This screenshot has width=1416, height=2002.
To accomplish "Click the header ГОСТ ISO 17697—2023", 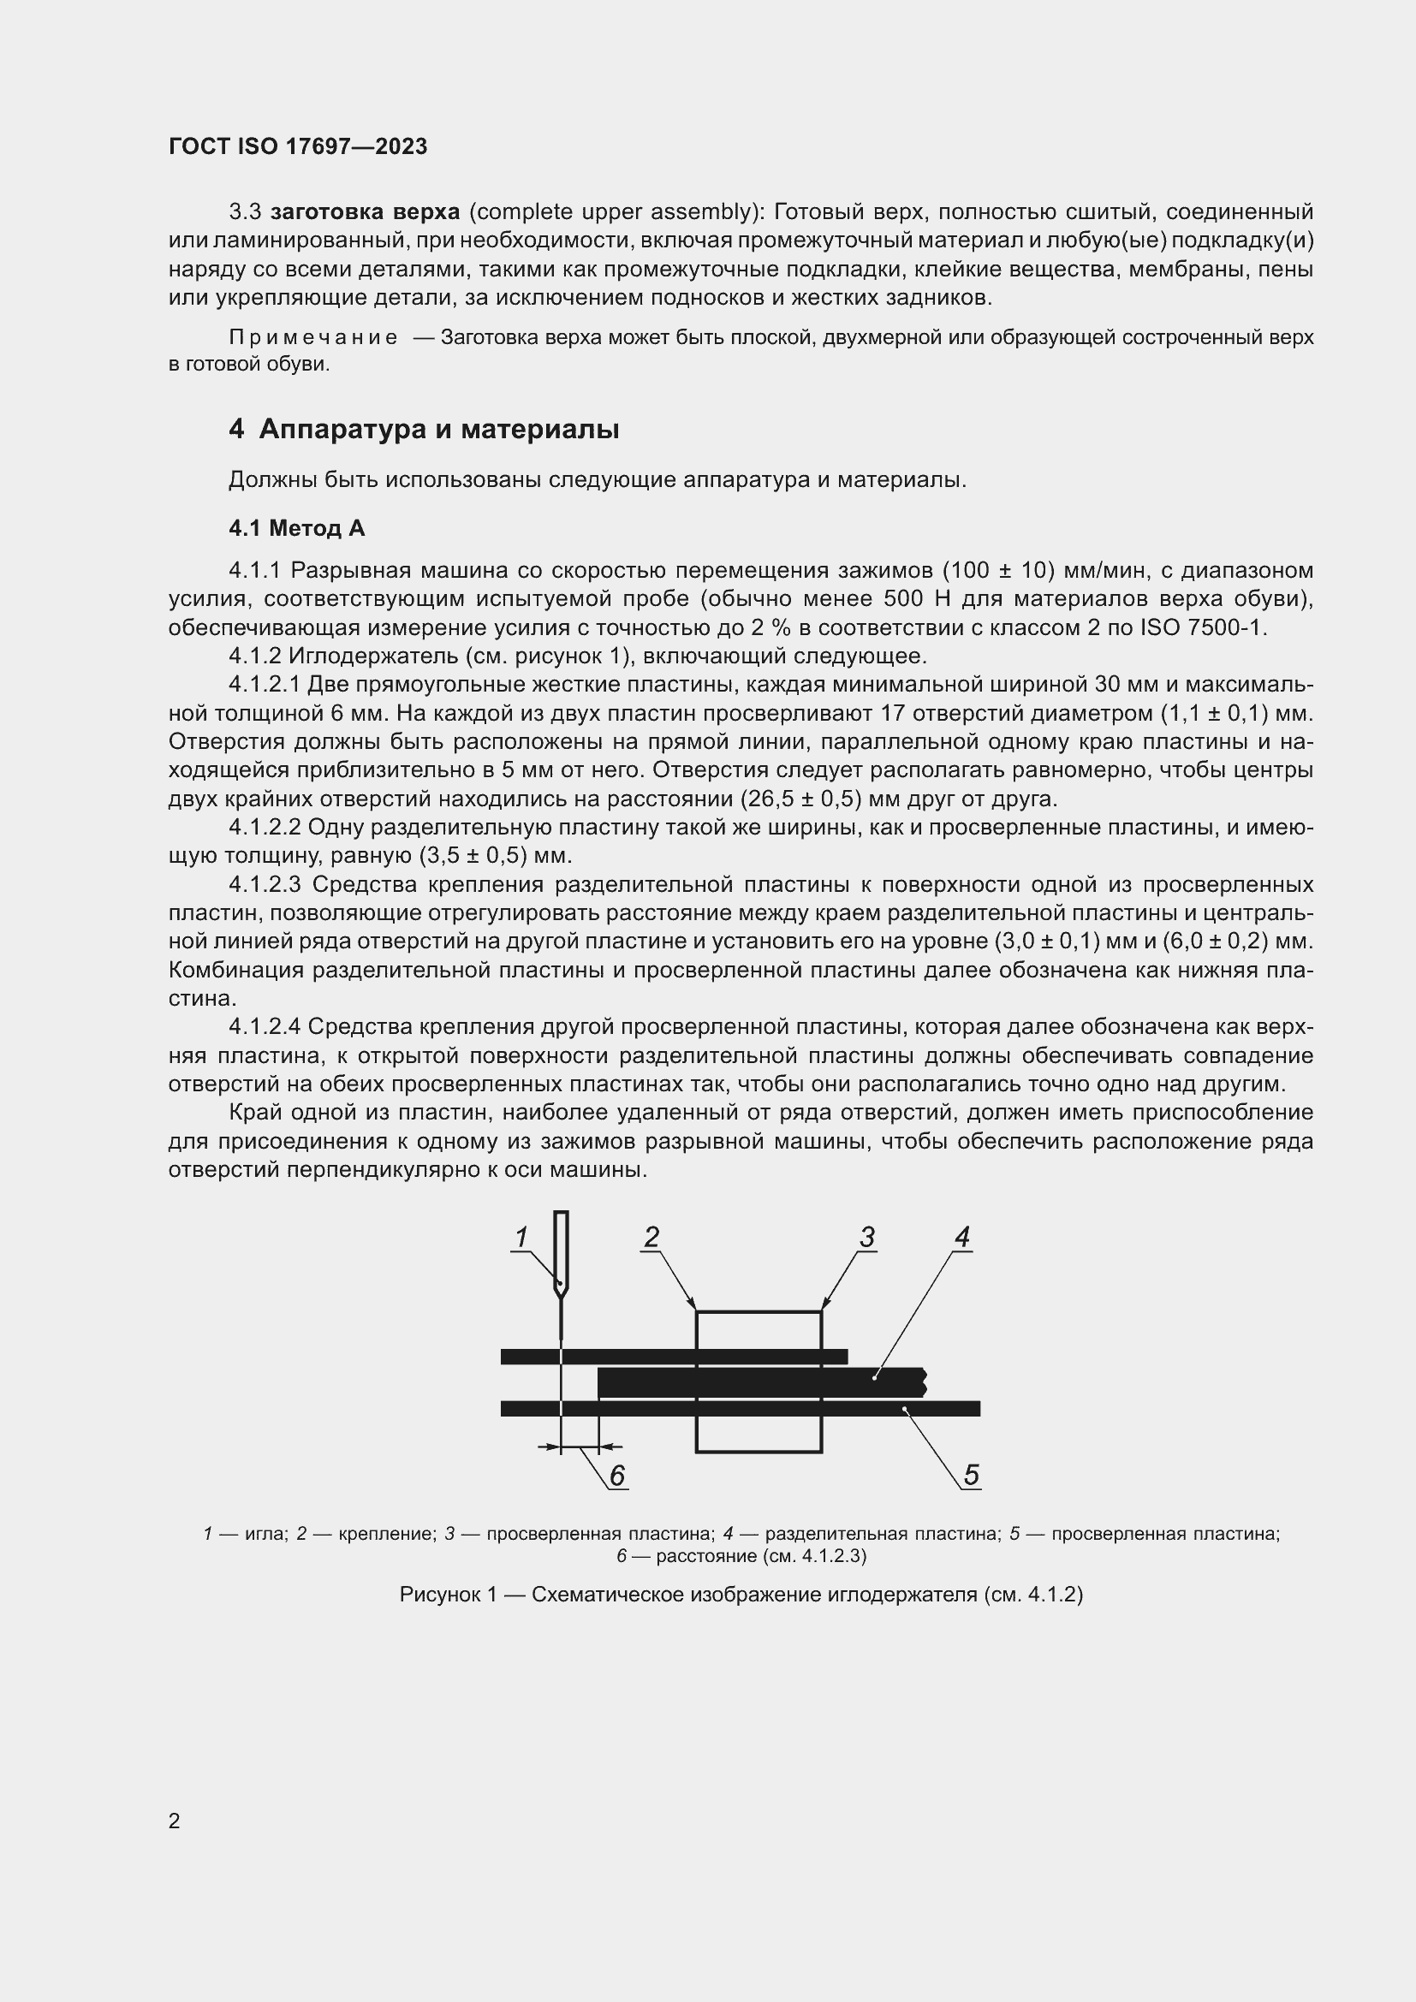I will coord(297,146).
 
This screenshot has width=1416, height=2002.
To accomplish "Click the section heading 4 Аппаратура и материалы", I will coord(424,429).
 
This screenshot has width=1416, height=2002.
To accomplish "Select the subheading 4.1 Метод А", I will coord(296,527).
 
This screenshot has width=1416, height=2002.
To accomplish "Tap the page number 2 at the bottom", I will coord(175,1821).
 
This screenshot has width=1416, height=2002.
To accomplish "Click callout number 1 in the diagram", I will coord(521,1238).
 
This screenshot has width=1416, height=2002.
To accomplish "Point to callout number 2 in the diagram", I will coord(651,1237).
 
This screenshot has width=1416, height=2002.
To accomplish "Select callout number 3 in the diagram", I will coord(866,1237).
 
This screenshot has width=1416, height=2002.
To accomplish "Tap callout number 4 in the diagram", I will coord(961,1237).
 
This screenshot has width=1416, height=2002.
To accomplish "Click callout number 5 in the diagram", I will coord(972,1475).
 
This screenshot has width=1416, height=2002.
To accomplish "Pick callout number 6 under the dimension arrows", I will coord(617,1476).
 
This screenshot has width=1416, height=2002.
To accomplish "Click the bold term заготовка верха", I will coord(366,212).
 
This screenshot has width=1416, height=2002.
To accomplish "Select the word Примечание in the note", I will coord(313,337).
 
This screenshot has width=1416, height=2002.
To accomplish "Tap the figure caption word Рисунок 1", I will coord(447,1595).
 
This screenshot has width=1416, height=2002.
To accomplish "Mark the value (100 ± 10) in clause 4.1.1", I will coord(997,570).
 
